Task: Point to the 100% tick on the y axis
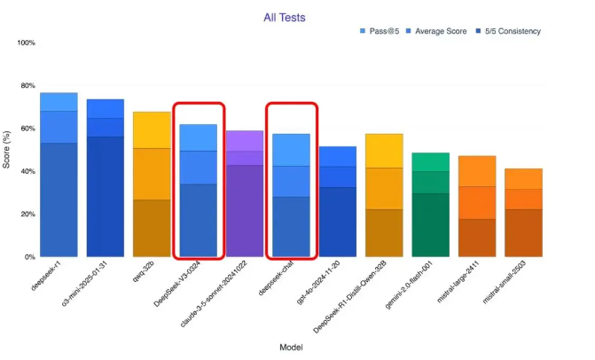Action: [x=26, y=43]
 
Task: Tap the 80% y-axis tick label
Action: [x=27, y=86]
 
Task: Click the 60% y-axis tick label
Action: [x=27, y=129]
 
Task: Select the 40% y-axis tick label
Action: [x=27, y=171]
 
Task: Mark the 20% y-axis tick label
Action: [x=27, y=214]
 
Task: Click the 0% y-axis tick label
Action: [x=29, y=257]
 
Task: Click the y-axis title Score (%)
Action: [x=7, y=149]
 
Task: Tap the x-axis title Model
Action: [x=289, y=347]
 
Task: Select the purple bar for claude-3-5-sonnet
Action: [x=245, y=195]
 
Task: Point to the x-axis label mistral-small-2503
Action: [x=508, y=282]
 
